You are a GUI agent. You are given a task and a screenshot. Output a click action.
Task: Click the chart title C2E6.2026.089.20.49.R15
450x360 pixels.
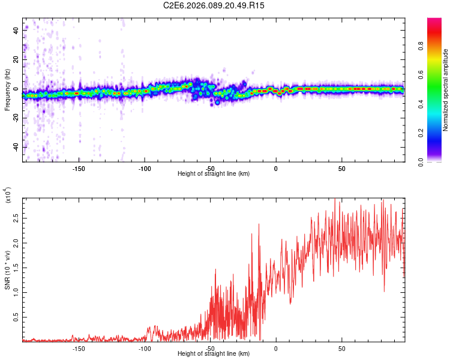pos(214,5)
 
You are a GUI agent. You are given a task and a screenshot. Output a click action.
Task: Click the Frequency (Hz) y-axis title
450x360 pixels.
pos(7,90)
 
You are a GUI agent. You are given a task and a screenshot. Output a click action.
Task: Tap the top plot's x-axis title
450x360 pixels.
pos(214,173)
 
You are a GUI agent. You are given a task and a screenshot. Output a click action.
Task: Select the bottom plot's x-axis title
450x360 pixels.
pos(214,353)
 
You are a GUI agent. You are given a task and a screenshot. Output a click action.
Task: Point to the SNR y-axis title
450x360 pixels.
pos(7,270)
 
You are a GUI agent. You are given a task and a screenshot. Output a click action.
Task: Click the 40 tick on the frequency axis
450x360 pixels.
pos(16,29)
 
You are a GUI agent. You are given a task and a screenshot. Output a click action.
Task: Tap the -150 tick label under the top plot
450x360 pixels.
pos(79,167)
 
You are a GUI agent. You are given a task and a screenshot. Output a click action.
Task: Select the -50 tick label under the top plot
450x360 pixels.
pos(210,167)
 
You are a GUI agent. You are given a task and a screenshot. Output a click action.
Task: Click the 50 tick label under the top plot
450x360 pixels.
pos(341,167)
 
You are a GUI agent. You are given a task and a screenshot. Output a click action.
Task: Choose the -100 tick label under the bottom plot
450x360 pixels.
pos(145,347)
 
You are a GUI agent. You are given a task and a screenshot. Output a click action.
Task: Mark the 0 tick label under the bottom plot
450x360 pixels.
pos(276,347)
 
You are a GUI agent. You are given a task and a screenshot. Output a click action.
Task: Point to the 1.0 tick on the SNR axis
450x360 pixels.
pos(16,292)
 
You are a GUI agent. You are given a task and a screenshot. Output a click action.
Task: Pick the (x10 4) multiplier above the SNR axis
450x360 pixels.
pos(8,196)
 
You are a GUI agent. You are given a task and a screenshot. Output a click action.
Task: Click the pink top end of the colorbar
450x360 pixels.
pos(434,22)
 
